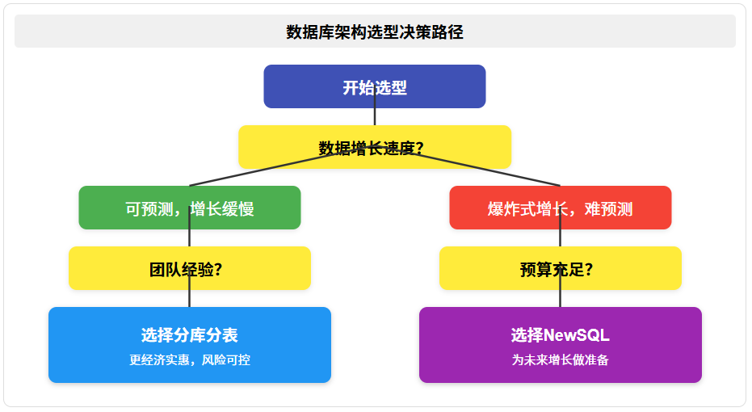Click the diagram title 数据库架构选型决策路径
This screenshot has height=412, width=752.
coord(375,32)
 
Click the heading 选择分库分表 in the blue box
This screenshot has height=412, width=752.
coord(189,335)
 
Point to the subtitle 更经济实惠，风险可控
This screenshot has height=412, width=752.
coord(189,359)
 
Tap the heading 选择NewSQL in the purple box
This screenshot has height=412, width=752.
coord(560,335)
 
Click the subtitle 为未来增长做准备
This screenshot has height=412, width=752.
coord(560,359)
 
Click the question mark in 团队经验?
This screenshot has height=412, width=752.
coord(218,270)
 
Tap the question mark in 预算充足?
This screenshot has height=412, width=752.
coord(589,270)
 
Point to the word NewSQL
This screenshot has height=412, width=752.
coord(577,335)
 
